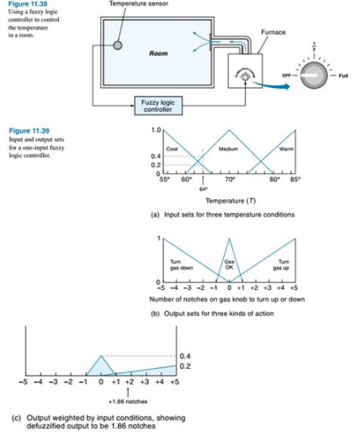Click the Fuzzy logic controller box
point(158,107)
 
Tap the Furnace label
point(273,32)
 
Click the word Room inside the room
point(158,53)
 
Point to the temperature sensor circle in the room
point(119,45)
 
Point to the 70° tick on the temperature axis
point(230,179)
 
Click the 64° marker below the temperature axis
point(204,189)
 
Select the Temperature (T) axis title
point(230,201)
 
